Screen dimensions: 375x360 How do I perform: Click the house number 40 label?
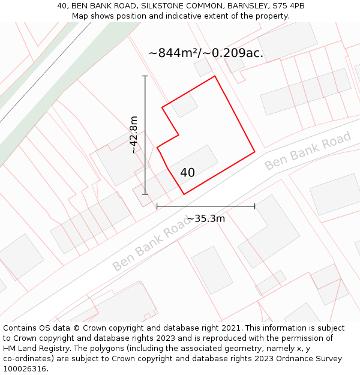[x=187, y=173]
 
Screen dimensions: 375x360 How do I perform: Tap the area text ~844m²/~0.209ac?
[x=206, y=53]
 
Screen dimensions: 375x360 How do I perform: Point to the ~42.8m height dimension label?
[x=134, y=134]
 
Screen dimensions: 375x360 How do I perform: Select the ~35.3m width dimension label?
[x=206, y=218]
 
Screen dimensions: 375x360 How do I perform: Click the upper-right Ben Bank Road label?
[x=307, y=151]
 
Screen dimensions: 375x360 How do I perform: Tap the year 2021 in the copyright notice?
[x=231, y=328]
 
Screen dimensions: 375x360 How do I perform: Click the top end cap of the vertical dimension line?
[x=145, y=76]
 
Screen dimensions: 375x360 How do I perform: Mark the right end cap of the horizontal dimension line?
[x=255, y=206]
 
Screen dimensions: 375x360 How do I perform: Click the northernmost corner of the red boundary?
[x=215, y=76]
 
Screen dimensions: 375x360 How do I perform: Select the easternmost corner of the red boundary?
[x=255, y=151]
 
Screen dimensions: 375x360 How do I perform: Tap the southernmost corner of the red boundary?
[x=184, y=194]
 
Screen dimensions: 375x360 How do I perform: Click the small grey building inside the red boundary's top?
[x=185, y=106]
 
